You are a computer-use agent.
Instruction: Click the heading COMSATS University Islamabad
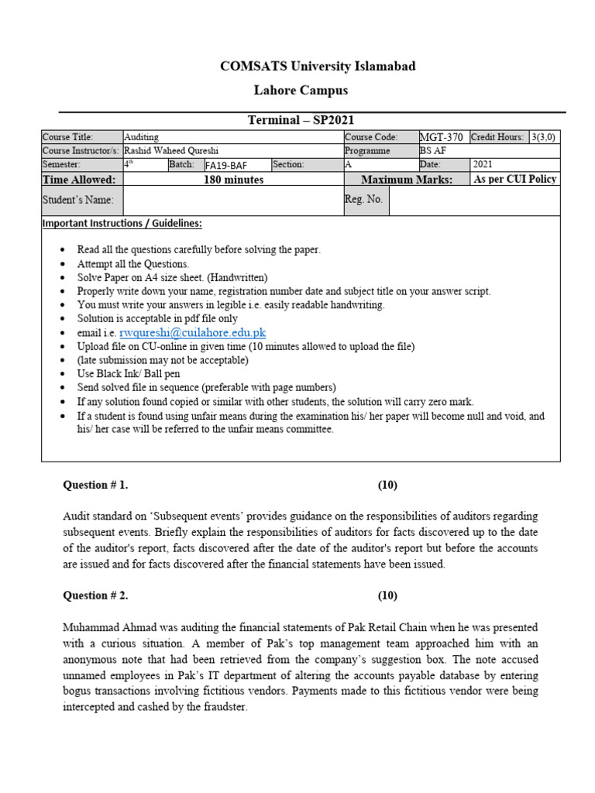318,67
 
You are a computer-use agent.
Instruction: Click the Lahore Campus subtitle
301,91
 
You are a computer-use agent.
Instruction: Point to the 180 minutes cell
233,180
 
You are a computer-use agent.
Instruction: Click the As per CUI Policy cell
515,180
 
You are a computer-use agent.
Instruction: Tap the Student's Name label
78,201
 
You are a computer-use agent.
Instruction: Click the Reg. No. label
364,200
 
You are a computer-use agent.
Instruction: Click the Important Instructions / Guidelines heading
122,224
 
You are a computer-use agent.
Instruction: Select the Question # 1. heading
95,486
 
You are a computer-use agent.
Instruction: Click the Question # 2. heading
95,596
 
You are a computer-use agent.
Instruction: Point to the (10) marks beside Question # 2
387,596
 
